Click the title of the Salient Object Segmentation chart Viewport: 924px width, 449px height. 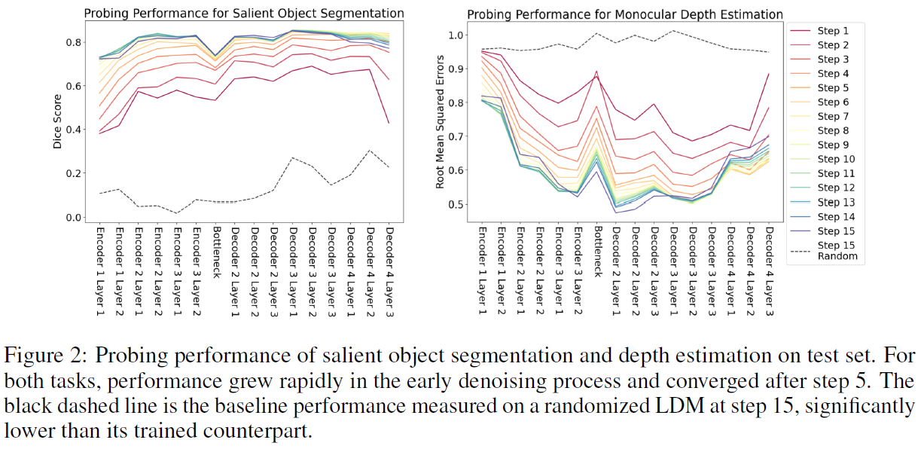[243, 14]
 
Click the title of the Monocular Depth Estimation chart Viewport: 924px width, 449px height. [624, 14]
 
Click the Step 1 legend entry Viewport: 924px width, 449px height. [833, 31]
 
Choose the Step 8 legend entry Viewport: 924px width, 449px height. [833, 130]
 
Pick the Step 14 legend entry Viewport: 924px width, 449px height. [836, 216]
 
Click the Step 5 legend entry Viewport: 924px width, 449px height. [833, 87]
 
